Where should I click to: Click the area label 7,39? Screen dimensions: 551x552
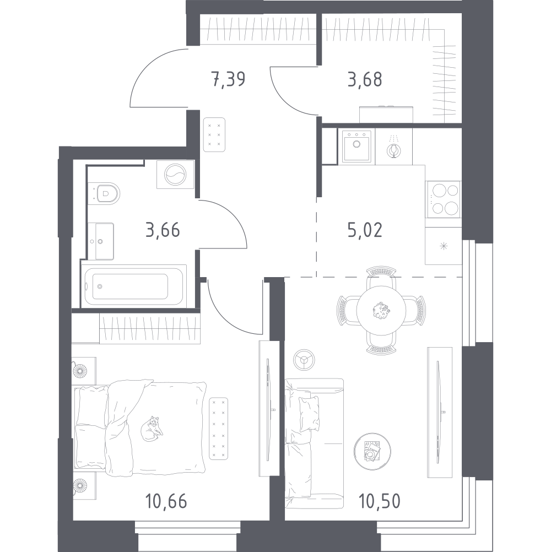pos(229,79)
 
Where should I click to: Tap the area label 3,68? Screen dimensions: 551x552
pos(365,79)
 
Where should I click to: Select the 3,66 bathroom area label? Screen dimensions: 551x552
pos(163,231)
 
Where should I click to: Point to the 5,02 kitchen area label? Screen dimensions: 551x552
pos(365,231)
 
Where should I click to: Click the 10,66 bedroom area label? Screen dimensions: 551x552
pos(166,501)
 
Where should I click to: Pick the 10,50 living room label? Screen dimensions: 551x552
pos(380,501)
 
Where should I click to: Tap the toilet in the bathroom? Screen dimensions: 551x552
pos(104,193)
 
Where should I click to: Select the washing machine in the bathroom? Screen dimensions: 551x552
pos(175,174)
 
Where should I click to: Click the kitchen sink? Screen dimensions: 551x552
pos(356,146)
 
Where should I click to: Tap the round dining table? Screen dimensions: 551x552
pos(381,310)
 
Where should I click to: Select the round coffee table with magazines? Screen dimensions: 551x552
pos(372,451)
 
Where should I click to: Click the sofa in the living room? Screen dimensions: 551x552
pos(314,443)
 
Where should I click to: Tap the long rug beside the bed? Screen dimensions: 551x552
pos(218,429)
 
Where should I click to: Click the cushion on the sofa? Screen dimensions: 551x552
pos(309,414)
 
